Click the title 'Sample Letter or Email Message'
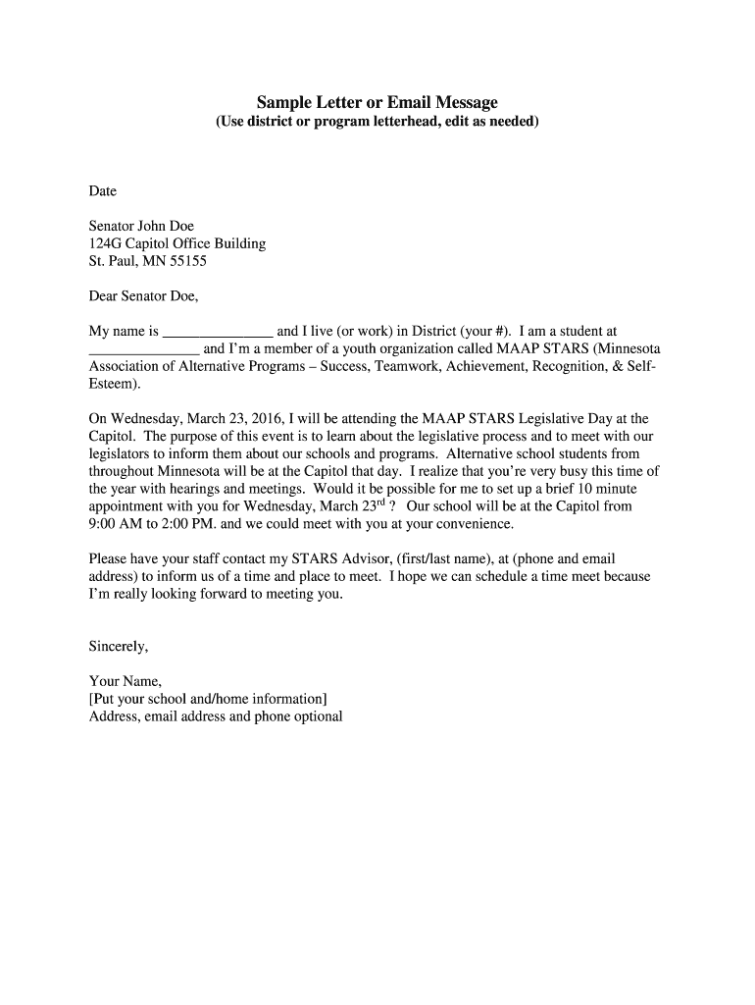pos(377,102)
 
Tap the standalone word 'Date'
pos(103,190)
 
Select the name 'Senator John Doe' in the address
pos(141,226)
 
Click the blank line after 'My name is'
pos(218,332)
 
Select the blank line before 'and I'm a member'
pos(144,349)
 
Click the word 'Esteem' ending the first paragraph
pos(110,384)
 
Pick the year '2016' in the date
pos(261,418)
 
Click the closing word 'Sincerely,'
pos(119,646)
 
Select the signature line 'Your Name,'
pos(126,681)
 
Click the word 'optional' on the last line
pos(317,716)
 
